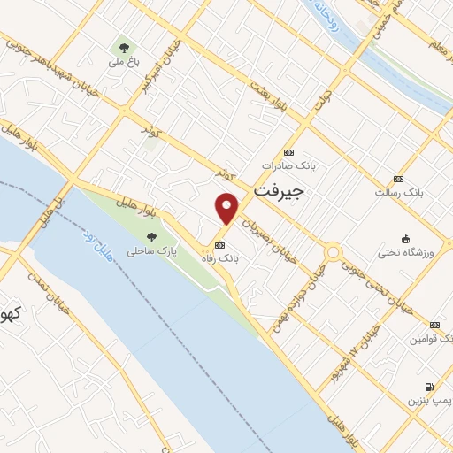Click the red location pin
point(227,208)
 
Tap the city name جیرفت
point(278,190)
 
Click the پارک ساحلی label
point(151,251)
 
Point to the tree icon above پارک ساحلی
point(151,236)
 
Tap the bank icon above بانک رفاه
point(219,245)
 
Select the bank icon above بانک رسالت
point(398,178)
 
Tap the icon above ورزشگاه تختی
point(406,239)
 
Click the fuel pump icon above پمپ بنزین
point(430,387)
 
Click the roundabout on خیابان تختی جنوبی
point(333,252)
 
